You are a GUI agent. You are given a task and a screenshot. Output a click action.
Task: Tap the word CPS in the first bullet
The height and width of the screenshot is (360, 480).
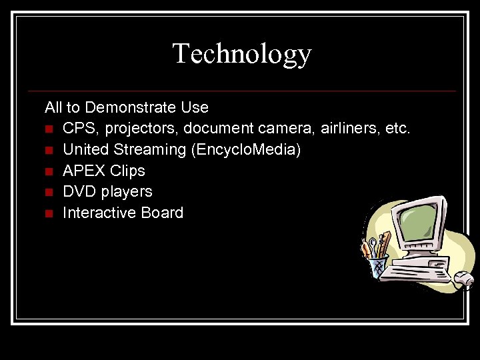click(77, 128)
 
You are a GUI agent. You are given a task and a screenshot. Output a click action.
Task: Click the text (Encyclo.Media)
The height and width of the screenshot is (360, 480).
click(246, 150)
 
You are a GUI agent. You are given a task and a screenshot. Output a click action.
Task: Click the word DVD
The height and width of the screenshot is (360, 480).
click(79, 192)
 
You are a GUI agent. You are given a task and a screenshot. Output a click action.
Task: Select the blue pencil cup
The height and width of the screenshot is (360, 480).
click(378, 266)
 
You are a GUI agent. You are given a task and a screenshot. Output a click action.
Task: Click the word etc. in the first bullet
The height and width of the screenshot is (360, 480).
click(398, 128)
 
